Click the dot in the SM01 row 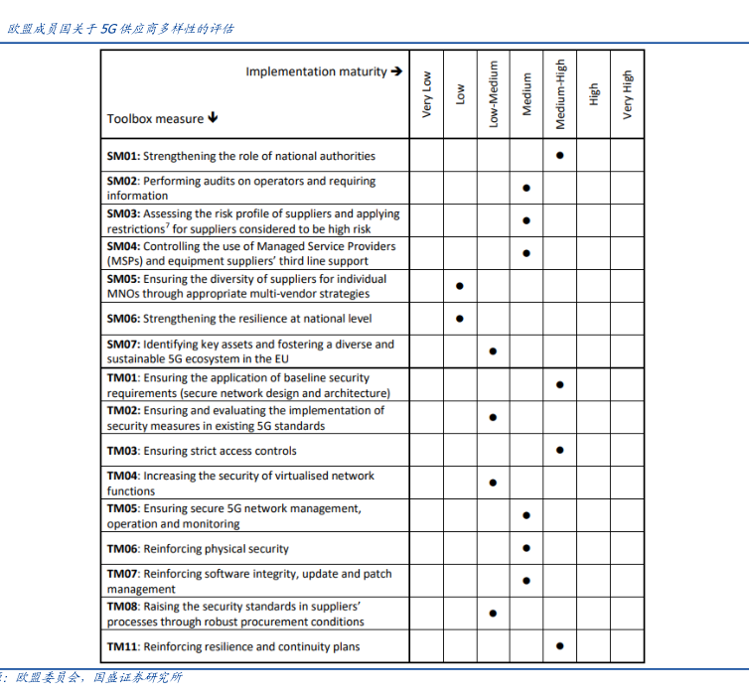[560, 155]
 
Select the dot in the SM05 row [459, 286]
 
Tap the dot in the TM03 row [560, 450]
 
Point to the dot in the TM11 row [560, 646]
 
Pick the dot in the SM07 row [493, 351]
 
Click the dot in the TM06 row [526, 548]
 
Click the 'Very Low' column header [427, 95]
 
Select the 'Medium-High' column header [560, 91]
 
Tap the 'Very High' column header [627, 95]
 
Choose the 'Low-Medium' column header [494, 91]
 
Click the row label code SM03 [122, 213]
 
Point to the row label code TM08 [123, 607]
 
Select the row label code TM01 [123, 377]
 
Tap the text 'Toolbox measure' [155, 119]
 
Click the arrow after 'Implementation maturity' [396, 71]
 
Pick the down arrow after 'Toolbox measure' [214, 118]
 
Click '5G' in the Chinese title [109, 29]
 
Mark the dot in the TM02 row [493, 417]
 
